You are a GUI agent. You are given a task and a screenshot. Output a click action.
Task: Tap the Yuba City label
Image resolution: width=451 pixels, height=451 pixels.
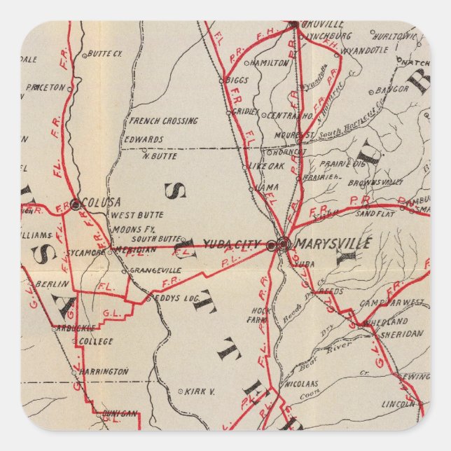pyautogui.click(x=233, y=244)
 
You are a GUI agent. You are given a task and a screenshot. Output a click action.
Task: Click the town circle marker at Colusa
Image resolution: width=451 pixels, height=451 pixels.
pyautogui.click(x=75, y=204)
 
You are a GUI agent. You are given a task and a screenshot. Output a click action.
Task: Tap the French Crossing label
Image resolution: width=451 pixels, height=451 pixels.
pyautogui.click(x=163, y=120)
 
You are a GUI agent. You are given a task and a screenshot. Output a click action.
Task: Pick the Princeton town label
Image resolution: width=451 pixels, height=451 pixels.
pyautogui.click(x=45, y=88)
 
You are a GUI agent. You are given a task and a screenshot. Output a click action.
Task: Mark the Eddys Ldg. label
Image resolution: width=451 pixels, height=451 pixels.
pyautogui.click(x=178, y=298)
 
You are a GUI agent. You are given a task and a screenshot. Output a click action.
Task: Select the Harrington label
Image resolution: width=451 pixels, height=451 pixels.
pyautogui.click(x=104, y=371)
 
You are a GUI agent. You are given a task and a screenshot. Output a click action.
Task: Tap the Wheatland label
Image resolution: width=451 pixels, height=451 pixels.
pyautogui.click(x=385, y=321)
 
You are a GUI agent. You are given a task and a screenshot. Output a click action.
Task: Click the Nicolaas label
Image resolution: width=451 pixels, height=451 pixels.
pyautogui.click(x=301, y=384)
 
